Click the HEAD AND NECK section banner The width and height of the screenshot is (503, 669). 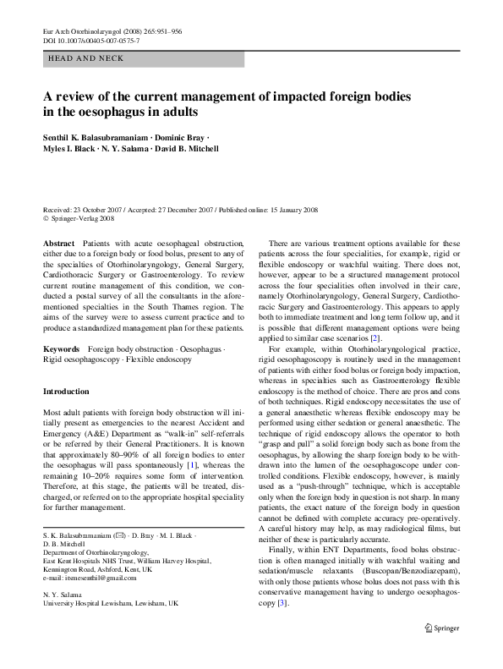coord(85,58)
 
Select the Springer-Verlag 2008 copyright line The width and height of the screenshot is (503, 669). coord(81,218)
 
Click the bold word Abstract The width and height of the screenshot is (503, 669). coord(58,243)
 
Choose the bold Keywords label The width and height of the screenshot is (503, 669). coord(62,348)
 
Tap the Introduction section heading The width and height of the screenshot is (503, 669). coord(65,392)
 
